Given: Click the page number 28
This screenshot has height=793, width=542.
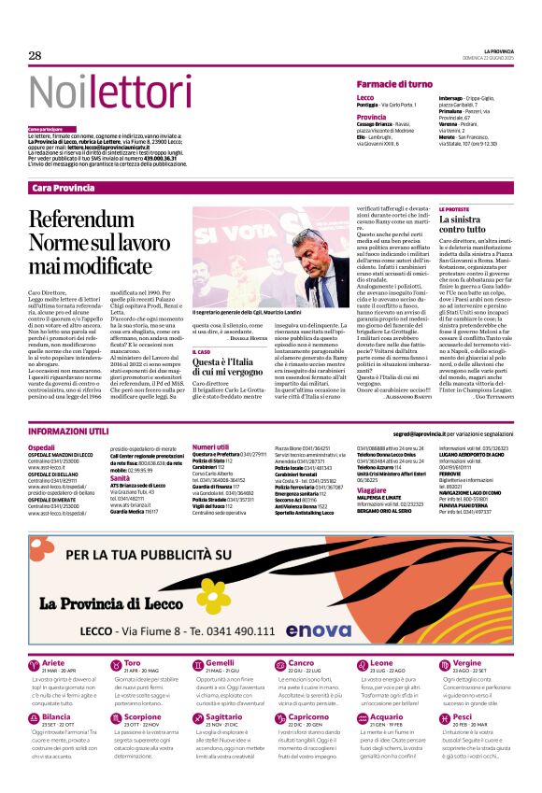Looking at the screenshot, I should pos(35,56).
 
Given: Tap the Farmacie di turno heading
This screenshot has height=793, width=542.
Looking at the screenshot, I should pos(394,83).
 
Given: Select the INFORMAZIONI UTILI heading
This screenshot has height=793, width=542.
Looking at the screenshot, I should pos(69,432).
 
